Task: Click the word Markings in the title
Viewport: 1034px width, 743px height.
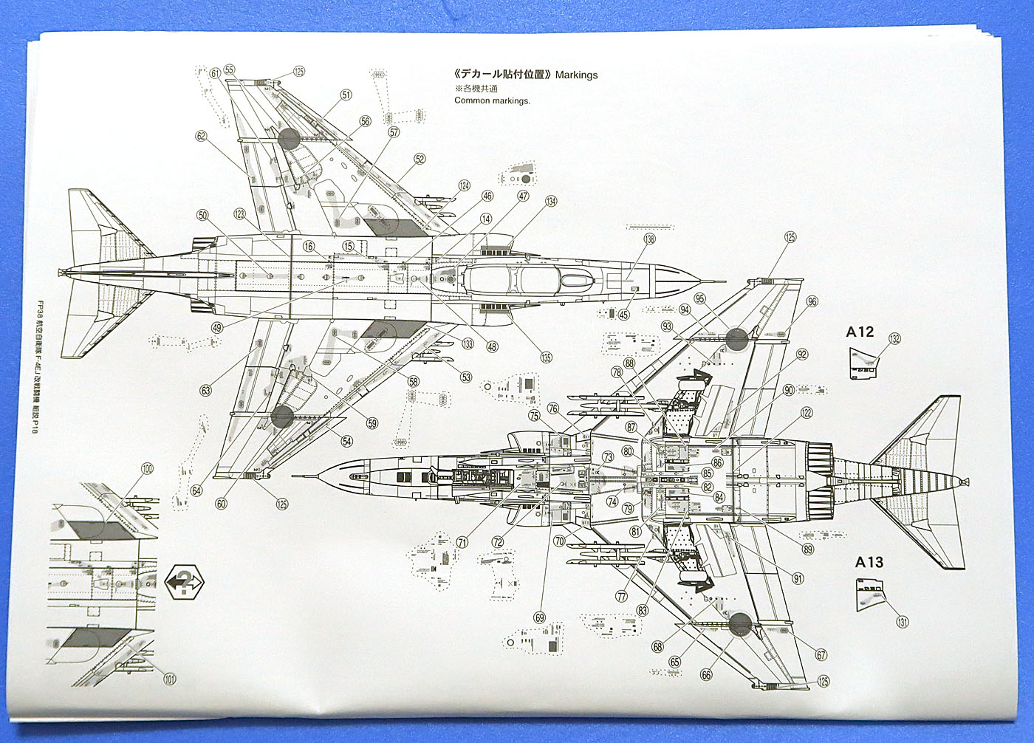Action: point(576,75)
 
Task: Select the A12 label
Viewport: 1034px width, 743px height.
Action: point(860,332)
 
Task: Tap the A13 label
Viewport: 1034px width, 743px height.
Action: point(869,562)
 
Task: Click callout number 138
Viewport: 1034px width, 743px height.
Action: point(649,239)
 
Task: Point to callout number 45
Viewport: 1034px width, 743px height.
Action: point(623,315)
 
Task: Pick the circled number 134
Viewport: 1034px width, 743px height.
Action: point(551,202)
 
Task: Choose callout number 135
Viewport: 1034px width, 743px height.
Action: point(546,357)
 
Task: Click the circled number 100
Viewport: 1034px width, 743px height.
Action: point(147,468)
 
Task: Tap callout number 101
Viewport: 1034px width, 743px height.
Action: point(170,679)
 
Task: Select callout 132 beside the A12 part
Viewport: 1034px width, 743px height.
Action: point(894,339)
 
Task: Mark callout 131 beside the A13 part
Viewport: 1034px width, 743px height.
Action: point(902,622)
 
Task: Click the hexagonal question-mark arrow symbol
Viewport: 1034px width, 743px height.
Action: point(185,582)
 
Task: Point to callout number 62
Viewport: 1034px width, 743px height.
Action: point(201,137)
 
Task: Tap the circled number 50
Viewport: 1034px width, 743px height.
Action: point(202,215)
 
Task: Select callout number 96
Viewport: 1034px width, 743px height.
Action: point(812,301)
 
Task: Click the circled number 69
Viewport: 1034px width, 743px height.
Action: point(539,617)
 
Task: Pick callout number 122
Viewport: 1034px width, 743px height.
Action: point(807,413)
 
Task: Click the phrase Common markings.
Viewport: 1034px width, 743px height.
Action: point(492,100)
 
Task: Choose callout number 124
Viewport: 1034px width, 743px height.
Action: point(464,185)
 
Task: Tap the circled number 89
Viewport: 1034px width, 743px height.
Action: point(807,549)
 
